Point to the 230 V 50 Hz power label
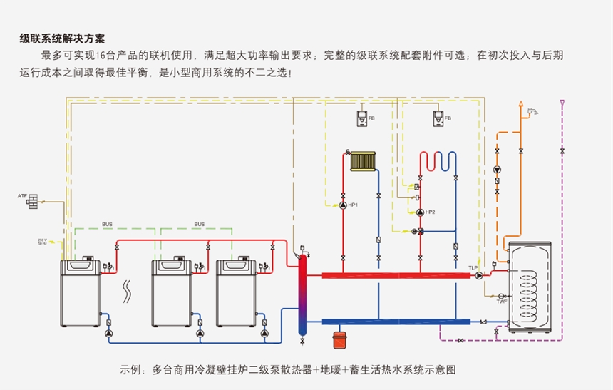pos(42,242)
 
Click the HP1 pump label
pos(353,205)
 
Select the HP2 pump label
pos(430,212)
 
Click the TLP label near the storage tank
pos(473,268)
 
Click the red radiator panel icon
pos(363,160)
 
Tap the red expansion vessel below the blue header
pos(339,335)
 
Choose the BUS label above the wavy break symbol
pos(107,224)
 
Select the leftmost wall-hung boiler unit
pos(79,297)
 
